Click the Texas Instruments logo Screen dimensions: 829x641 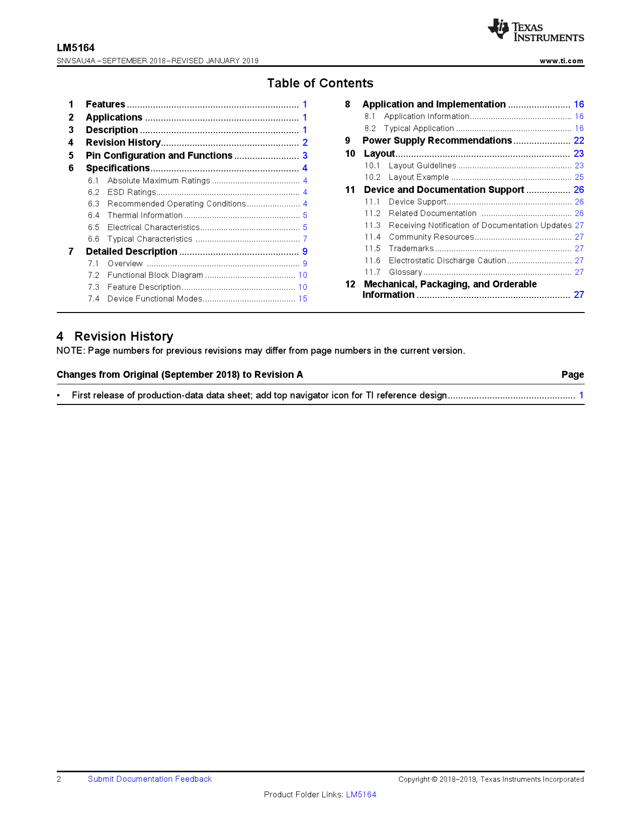(x=535, y=30)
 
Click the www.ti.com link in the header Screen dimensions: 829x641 (x=561, y=61)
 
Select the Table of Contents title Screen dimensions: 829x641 (x=320, y=83)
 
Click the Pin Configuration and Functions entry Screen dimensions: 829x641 (x=159, y=156)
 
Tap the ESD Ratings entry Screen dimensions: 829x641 (x=132, y=192)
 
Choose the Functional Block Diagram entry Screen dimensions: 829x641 (x=155, y=275)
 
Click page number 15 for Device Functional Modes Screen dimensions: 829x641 (x=303, y=299)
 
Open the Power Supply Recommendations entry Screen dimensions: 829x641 (x=437, y=141)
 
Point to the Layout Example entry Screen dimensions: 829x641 (x=419, y=177)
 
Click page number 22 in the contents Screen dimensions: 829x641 (x=579, y=141)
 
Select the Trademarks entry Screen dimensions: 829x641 (x=411, y=249)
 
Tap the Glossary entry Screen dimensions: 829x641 (x=405, y=272)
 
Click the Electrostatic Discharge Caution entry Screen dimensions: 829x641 (x=447, y=261)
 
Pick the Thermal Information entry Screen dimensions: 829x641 (x=145, y=216)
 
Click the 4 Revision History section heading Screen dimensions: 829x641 (x=115, y=337)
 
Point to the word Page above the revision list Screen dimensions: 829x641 (x=573, y=375)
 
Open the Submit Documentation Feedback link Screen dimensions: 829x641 (x=150, y=779)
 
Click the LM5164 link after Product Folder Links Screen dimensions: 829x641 (x=361, y=795)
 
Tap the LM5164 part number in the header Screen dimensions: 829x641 (x=76, y=48)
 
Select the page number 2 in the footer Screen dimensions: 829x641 (x=59, y=779)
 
